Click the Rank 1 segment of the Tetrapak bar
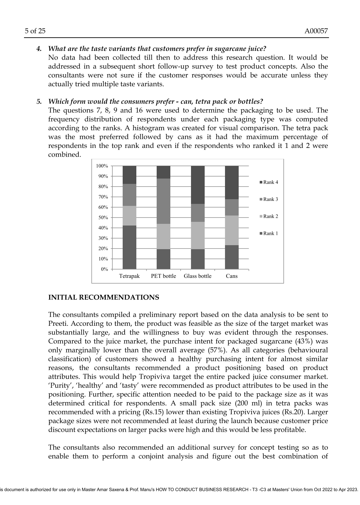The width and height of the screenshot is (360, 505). coord(129,247)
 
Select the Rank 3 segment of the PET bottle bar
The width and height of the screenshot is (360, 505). coord(163,201)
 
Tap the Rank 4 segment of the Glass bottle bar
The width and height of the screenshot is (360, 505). coord(198,185)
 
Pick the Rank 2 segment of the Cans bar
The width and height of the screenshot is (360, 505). coord(232,231)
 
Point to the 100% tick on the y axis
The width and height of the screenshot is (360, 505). coord(102,166)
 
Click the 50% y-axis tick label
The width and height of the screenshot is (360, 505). coord(103,218)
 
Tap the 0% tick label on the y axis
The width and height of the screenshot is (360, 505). coord(104,269)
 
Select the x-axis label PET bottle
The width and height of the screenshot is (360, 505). coord(163,276)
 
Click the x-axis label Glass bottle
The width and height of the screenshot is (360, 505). coord(198,276)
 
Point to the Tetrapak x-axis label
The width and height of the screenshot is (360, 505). coord(129,276)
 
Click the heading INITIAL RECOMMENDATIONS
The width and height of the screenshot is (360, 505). coord(104,297)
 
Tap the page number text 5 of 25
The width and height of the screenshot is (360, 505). coord(35,31)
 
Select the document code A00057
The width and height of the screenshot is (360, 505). coord(316,31)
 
